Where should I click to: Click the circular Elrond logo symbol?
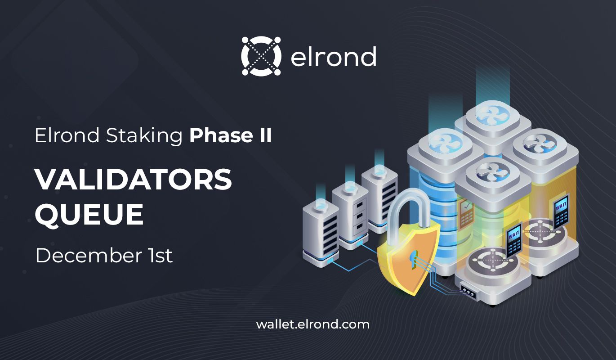pyautogui.click(x=261, y=56)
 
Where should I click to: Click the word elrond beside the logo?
pyautogui.click(x=333, y=56)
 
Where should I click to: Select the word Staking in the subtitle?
pyautogui.click(x=144, y=136)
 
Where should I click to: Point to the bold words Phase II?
pyautogui.click(x=231, y=135)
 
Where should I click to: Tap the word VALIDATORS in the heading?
pyautogui.click(x=134, y=179)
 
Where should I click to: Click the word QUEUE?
pyautogui.click(x=89, y=214)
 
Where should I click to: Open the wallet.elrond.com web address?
pyautogui.click(x=312, y=324)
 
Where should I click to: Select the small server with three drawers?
pyautogui.click(x=350, y=215)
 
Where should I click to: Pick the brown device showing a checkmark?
pyautogui.click(x=466, y=215)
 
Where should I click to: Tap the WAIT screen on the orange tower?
pyautogui.click(x=561, y=211)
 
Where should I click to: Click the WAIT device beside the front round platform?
pyautogui.click(x=514, y=240)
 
